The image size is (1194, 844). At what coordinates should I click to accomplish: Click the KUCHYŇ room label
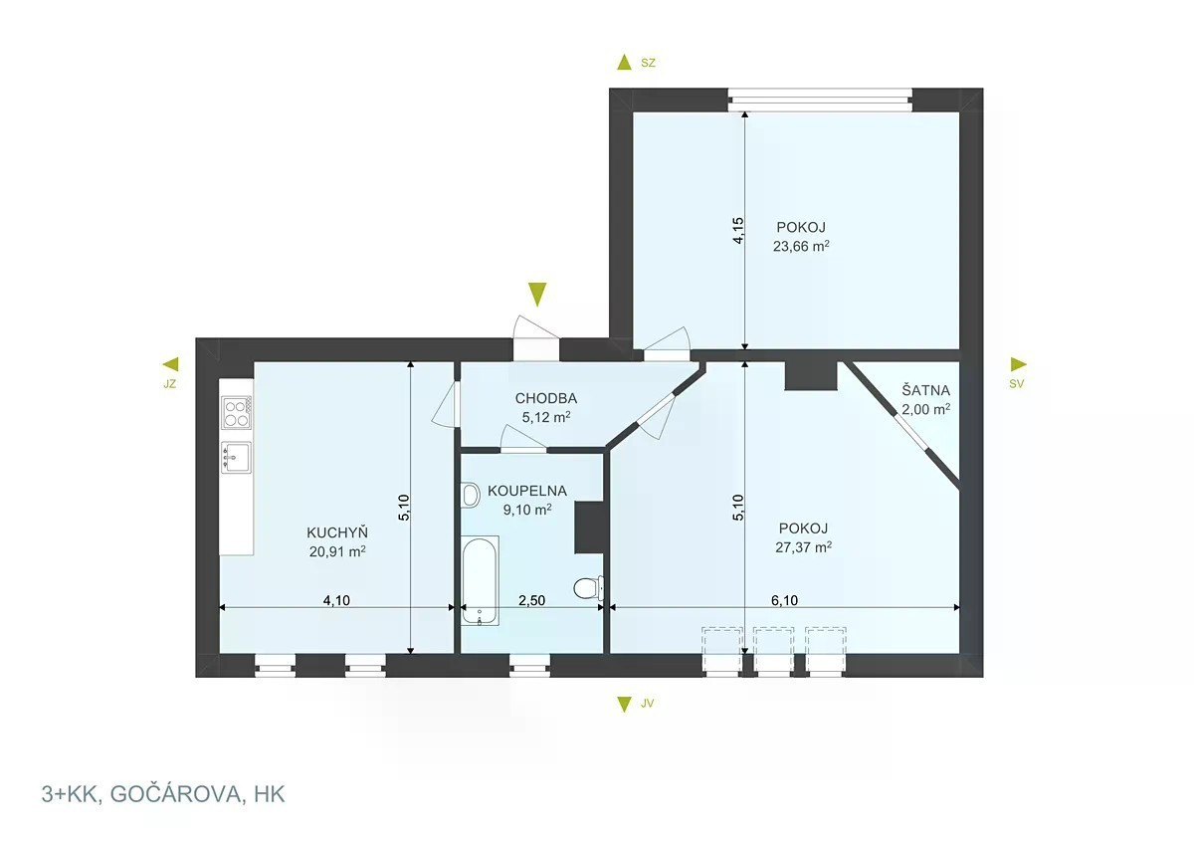(x=337, y=532)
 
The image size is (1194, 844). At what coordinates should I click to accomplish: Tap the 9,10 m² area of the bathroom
(x=527, y=510)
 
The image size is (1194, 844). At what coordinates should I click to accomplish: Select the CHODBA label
(x=546, y=398)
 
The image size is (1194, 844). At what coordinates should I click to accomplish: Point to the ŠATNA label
(x=925, y=390)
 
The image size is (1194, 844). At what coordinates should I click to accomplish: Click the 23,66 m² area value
(x=801, y=246)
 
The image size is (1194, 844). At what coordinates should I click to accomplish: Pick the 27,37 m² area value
(x=803, y=547)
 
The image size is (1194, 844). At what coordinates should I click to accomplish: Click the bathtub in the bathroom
(x=480, y=580)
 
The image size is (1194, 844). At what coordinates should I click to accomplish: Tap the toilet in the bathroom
(x=588, y=588)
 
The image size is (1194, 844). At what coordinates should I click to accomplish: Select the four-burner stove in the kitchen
(x=237, y=413)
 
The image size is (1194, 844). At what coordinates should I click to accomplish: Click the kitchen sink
(x=237, y=458)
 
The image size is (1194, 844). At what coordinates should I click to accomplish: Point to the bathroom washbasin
(x=470, y=495)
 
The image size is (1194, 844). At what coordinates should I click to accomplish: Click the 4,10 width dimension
(x=336, y=600)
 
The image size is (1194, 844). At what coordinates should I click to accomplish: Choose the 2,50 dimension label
(x=531, y=600)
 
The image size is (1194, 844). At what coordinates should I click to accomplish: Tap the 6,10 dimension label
(x=784, y=600)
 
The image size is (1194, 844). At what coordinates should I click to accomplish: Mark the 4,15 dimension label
(x=738, y=230)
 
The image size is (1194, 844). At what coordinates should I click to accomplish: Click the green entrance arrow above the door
(x=537, y=295)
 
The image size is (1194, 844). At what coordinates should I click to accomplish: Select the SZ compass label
(x=648, y=63)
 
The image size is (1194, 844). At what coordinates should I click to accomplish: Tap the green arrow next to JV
(x=624, y=705)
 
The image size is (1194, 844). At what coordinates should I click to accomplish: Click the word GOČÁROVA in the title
(x=175, y=794)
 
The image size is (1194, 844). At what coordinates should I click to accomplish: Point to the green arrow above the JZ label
(x=170, y=364)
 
